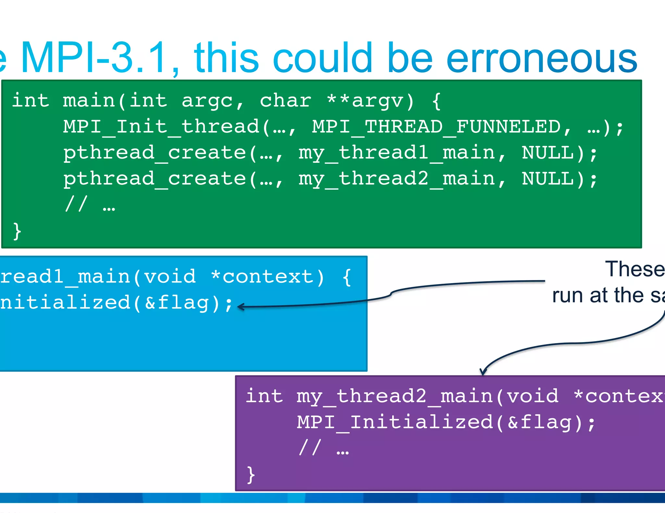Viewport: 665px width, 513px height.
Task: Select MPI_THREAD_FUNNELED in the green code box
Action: (436, 127)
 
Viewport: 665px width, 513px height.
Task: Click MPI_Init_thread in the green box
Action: (161, 127)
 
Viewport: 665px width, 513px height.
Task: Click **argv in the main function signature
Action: (370, 101)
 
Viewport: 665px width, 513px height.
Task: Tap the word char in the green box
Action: (285, 101)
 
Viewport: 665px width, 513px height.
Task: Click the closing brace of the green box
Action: (17, 231)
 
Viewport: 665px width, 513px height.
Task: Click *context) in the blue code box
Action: (267, 277)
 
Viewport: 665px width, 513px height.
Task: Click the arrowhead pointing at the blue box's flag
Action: (241, 306)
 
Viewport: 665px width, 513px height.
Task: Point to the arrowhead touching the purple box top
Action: (483, 372)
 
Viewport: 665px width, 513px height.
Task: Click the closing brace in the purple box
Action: (251, 475)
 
